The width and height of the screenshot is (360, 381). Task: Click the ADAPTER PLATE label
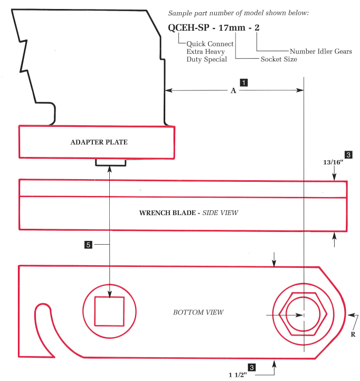tap(99, 142)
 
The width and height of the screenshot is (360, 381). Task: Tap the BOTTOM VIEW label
tap(198, 312)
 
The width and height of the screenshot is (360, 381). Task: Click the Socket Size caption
tap(279, 59)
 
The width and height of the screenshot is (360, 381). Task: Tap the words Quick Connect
tap(210, 44)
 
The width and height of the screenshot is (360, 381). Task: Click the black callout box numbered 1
tap(244, 82)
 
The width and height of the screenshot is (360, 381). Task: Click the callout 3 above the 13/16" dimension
tap(348, 155)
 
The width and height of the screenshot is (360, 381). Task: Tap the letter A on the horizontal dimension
tap(233, 91)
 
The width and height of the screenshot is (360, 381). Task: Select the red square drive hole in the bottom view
tap(109, 311)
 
